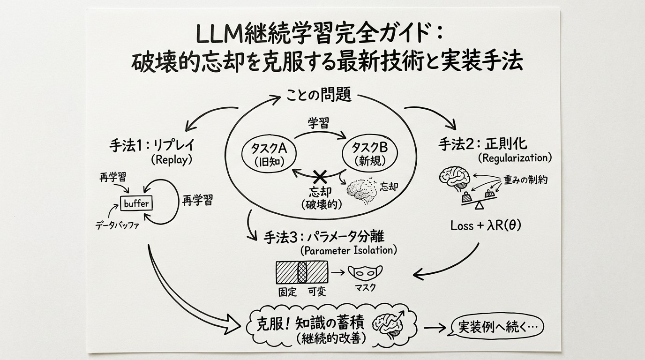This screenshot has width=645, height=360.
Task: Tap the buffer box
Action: point(136,203)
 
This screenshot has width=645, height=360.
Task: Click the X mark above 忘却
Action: point(320,177)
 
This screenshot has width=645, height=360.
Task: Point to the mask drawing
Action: point(365,272)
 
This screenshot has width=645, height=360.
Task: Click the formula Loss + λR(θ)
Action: point(486,225)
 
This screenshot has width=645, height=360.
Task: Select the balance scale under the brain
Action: point(478,199)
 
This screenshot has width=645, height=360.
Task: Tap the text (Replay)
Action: point(172,159)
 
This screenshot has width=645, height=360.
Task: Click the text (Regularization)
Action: point(514,158)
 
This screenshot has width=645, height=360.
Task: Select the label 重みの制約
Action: point(525,180)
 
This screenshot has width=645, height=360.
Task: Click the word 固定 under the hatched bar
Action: point(287,292)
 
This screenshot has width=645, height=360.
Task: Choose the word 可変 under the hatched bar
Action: point(317,292)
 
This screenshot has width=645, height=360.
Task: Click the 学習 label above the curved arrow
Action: point(318,124)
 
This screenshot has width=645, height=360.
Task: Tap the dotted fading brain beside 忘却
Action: point(361,190)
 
